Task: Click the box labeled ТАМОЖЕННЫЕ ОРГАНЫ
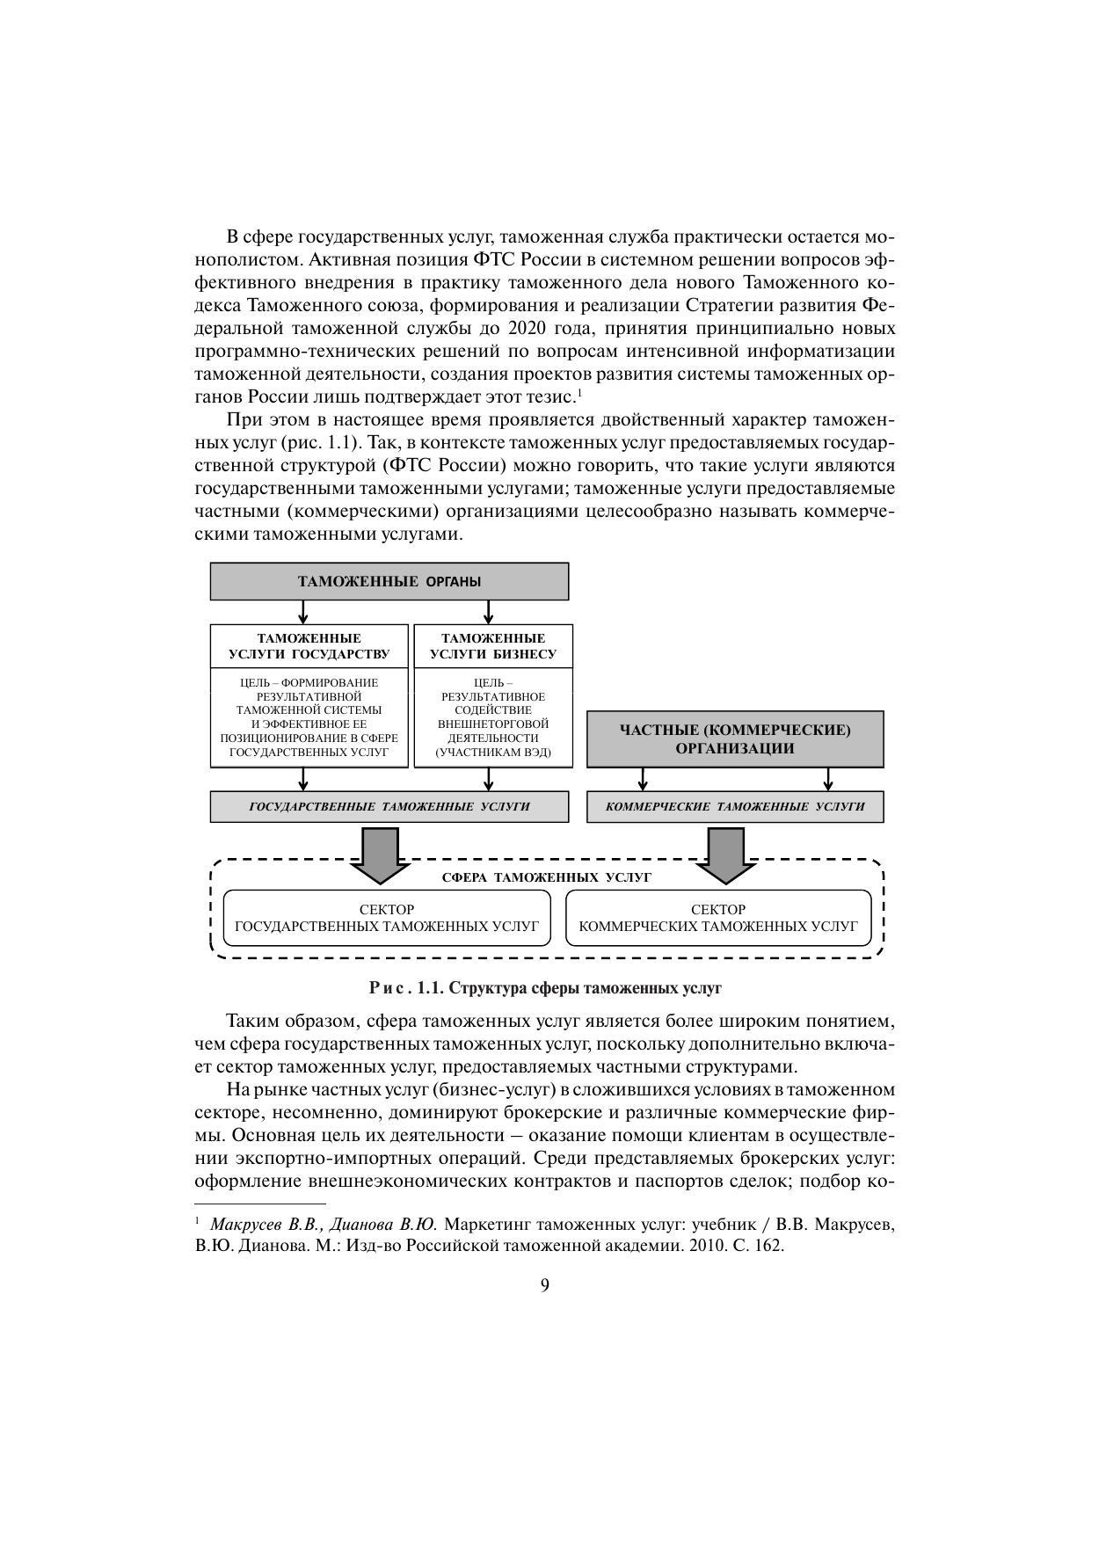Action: pos(389,581)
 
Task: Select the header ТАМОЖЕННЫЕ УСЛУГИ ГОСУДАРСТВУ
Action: pos(309,646)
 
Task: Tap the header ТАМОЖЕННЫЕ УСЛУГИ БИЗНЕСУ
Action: pos(492,646)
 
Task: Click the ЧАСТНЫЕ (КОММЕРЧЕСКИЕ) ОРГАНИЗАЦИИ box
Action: pos(734,739)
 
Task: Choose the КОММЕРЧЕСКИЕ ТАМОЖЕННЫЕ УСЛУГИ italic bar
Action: pos(734,806)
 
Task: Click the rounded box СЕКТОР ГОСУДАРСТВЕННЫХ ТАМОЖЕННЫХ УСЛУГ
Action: pos(387,918)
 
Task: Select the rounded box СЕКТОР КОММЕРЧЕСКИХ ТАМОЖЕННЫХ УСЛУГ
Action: pos(718,918)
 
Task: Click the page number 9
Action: pos(544,1285)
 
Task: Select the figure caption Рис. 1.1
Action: pos(545,988)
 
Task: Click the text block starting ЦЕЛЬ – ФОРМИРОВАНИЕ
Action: pos(309,717)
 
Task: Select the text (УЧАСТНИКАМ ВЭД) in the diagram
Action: pos(492,753)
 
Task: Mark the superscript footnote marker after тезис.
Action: pos(579,390)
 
